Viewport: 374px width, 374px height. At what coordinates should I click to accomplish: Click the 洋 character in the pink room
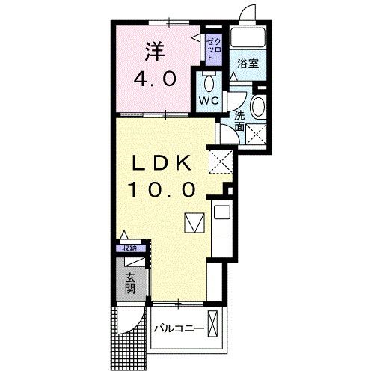(x=154, y=52)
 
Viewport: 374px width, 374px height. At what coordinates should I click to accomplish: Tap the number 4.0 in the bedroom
(x=155, y=79)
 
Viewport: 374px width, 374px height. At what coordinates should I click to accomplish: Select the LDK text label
(x=164, y=163)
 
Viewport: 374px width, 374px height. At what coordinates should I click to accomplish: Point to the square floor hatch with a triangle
(x=194, y=221)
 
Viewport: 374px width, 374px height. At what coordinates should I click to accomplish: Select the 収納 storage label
(x=129, y=248)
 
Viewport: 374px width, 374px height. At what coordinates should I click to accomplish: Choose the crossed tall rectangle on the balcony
(x=215, y=327)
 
